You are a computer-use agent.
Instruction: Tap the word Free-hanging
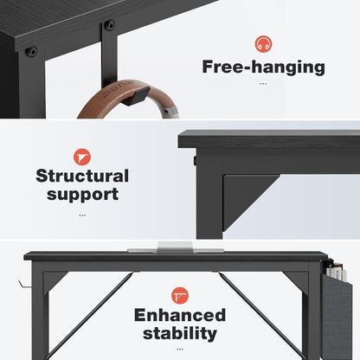click(262, 67)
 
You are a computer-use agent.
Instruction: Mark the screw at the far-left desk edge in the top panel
click(32, 51)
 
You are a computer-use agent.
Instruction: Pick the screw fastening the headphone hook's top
click(110, 26)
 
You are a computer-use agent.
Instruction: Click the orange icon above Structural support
click(82, 156)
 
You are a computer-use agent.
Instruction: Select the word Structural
click(82, 177)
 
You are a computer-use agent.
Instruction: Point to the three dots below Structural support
click(82, 215)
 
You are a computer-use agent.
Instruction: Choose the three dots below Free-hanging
click(262, 84)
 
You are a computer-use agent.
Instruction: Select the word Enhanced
click(180, 315)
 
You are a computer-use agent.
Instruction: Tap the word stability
click(180, 333)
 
